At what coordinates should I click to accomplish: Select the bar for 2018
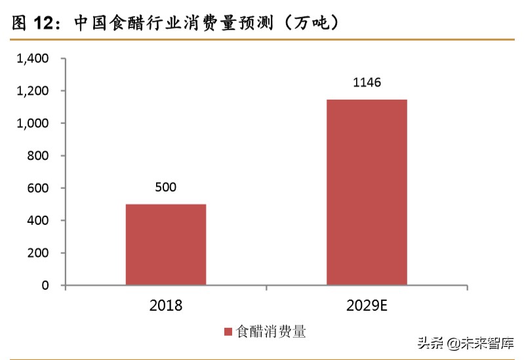166,244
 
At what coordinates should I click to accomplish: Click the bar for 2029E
367,191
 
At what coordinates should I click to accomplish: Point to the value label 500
166,188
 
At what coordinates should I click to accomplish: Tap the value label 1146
367,83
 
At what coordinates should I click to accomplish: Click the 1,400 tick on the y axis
32,59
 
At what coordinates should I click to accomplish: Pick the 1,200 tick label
32,91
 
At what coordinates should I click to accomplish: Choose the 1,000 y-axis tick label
32,123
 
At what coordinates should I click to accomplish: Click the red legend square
229,332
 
